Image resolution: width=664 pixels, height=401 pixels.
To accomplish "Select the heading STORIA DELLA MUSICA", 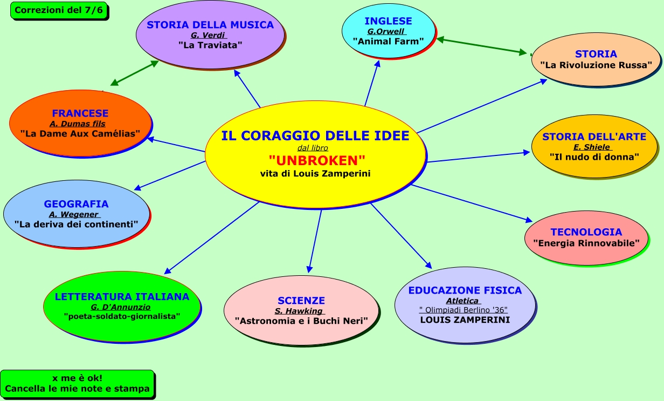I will (210, 25).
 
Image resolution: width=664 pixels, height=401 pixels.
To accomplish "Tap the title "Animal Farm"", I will (388, 40).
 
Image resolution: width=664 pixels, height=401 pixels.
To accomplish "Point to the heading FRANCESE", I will (80, 113).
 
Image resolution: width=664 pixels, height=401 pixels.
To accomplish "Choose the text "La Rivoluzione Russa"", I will (596, 65).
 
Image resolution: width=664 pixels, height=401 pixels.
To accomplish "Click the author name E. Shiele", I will (592, 147).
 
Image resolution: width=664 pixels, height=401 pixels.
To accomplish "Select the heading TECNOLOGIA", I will (586, 232).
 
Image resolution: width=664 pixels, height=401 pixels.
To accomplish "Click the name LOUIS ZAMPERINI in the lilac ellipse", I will (465, 320).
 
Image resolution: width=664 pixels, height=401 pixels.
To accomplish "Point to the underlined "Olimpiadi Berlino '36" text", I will (464, 310).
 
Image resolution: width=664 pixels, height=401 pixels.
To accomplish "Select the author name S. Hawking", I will (299, 311).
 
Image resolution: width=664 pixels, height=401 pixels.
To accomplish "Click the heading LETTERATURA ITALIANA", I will (122, 296).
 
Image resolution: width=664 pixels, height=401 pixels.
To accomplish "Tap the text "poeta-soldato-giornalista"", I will (122, 316).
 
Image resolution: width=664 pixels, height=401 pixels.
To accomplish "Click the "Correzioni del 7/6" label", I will (59, 10).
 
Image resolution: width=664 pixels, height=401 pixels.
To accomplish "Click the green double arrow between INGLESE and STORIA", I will (481, 46).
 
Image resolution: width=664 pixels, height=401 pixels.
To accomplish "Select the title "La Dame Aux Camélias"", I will (80, 133).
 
